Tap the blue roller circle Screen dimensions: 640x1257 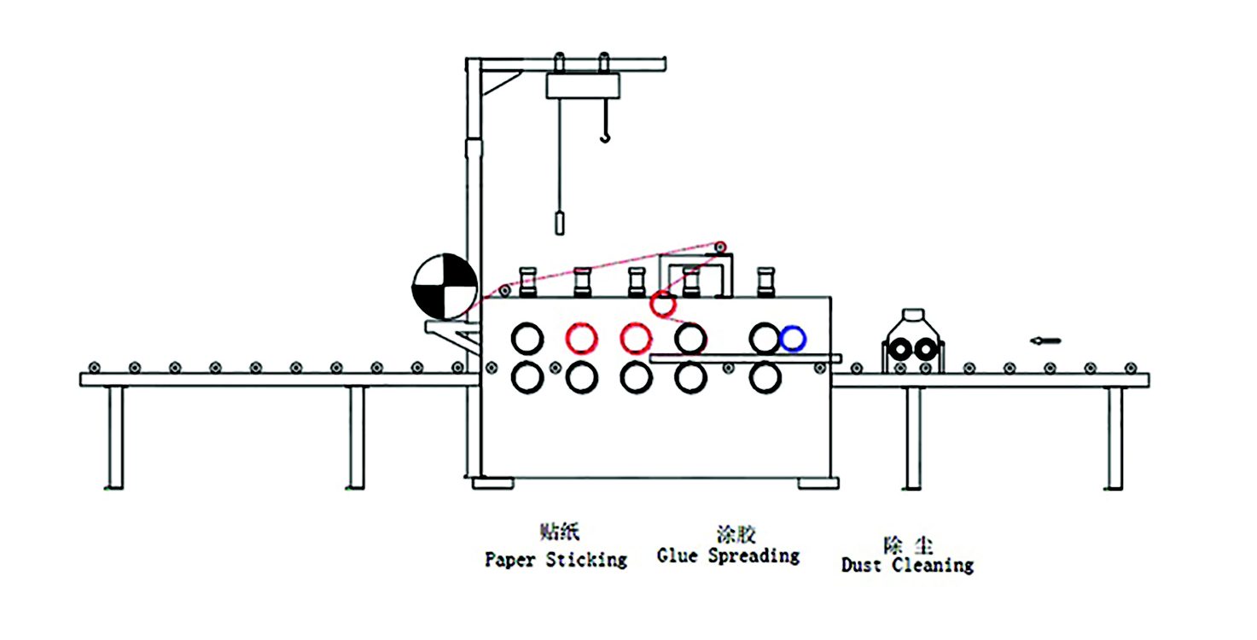792,338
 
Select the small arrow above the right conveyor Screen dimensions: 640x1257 1045,340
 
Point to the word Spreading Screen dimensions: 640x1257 754,556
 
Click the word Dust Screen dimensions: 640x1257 863,565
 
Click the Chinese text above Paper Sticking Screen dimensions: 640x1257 559,532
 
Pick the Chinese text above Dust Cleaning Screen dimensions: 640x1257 908,544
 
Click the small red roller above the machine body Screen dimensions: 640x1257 663,303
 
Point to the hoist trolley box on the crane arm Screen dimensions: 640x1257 582,85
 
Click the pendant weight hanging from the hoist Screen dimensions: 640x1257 560,223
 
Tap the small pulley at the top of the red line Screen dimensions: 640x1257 721,248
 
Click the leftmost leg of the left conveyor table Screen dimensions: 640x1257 114,437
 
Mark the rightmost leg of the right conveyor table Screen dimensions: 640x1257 1114,437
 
